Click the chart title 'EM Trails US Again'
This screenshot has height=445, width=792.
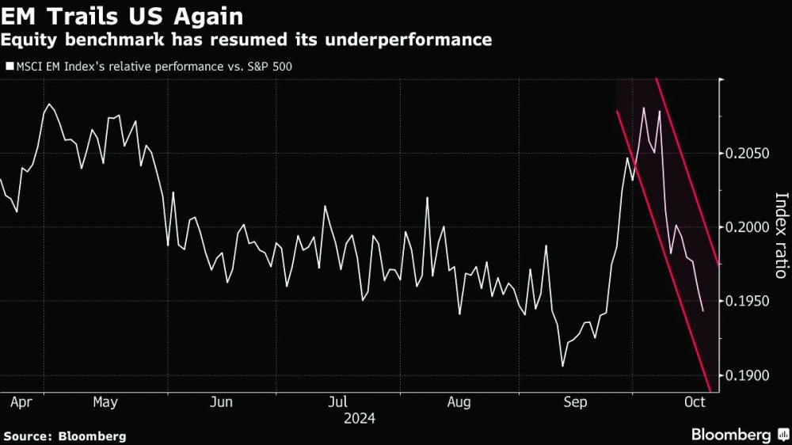point(122,16)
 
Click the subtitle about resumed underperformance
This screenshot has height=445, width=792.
point(246,40)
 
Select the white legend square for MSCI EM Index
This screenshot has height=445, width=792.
point(10,67)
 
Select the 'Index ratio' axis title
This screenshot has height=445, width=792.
point(781,235)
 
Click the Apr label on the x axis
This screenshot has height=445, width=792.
point(21,402)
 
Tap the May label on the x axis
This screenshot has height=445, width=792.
point(105,402)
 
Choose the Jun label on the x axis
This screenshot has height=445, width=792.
point(221,402)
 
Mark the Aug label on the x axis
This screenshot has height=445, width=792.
point(459,402)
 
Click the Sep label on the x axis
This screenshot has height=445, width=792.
point(575,402)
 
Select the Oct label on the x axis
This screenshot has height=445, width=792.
point(694,402)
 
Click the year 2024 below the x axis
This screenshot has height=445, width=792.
point(359,418)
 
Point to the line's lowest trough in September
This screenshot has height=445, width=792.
point(563,366)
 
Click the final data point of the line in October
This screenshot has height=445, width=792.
point(703,311)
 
